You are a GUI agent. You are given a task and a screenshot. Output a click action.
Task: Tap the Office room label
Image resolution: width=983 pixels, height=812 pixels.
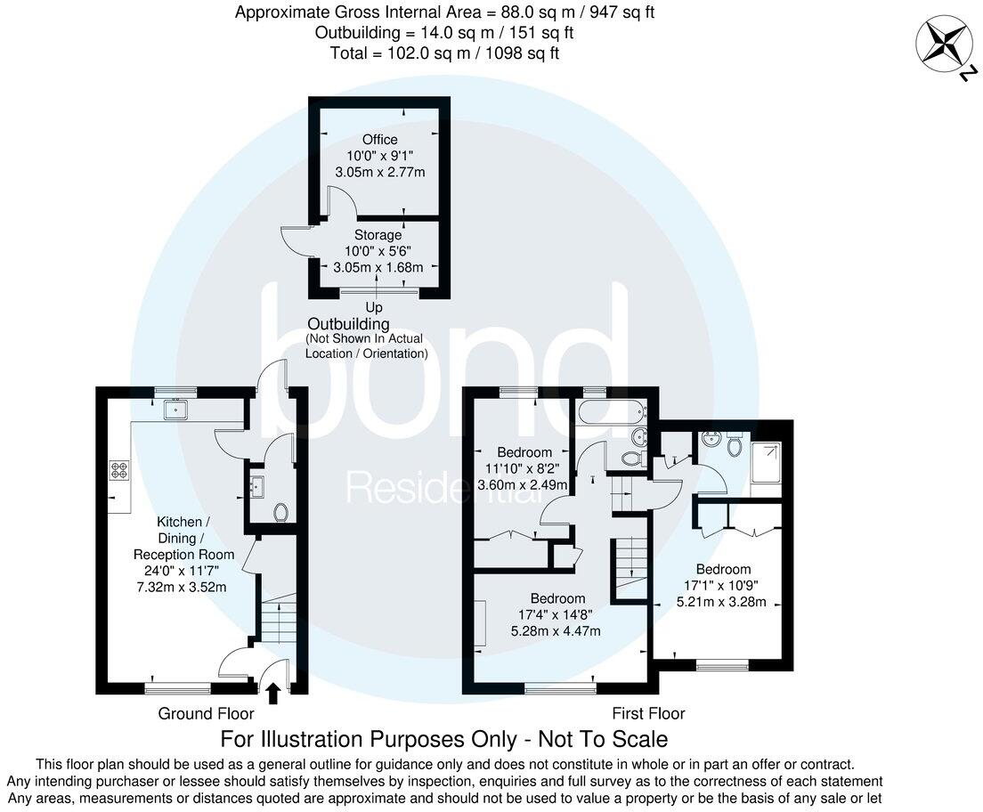379,140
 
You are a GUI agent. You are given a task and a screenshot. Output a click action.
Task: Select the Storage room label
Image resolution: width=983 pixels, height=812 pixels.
379,235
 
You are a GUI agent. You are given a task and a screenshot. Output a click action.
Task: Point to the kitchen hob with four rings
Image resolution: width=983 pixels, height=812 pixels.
120,471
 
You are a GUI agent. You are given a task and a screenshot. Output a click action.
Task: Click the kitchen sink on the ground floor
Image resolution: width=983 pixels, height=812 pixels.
175,410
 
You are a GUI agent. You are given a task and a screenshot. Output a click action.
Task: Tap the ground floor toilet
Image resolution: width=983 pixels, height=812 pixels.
280,512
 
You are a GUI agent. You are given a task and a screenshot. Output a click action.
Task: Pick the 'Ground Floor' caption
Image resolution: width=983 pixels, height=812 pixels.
206,713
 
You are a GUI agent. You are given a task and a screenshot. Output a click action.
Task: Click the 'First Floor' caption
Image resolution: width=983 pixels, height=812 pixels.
648,713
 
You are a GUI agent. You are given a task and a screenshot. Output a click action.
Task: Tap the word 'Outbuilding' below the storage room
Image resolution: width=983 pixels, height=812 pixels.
348,324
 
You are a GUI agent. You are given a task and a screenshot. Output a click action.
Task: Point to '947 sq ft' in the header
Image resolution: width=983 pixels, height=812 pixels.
626,12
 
